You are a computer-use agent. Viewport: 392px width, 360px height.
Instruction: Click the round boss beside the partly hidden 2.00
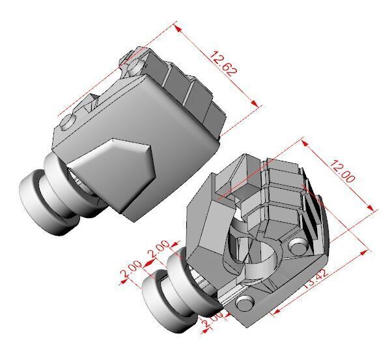click(245, 301)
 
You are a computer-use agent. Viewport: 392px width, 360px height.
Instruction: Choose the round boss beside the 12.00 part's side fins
click(297, 247)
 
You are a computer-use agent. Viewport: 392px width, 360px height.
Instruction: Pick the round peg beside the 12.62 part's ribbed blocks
click(134, 66)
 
